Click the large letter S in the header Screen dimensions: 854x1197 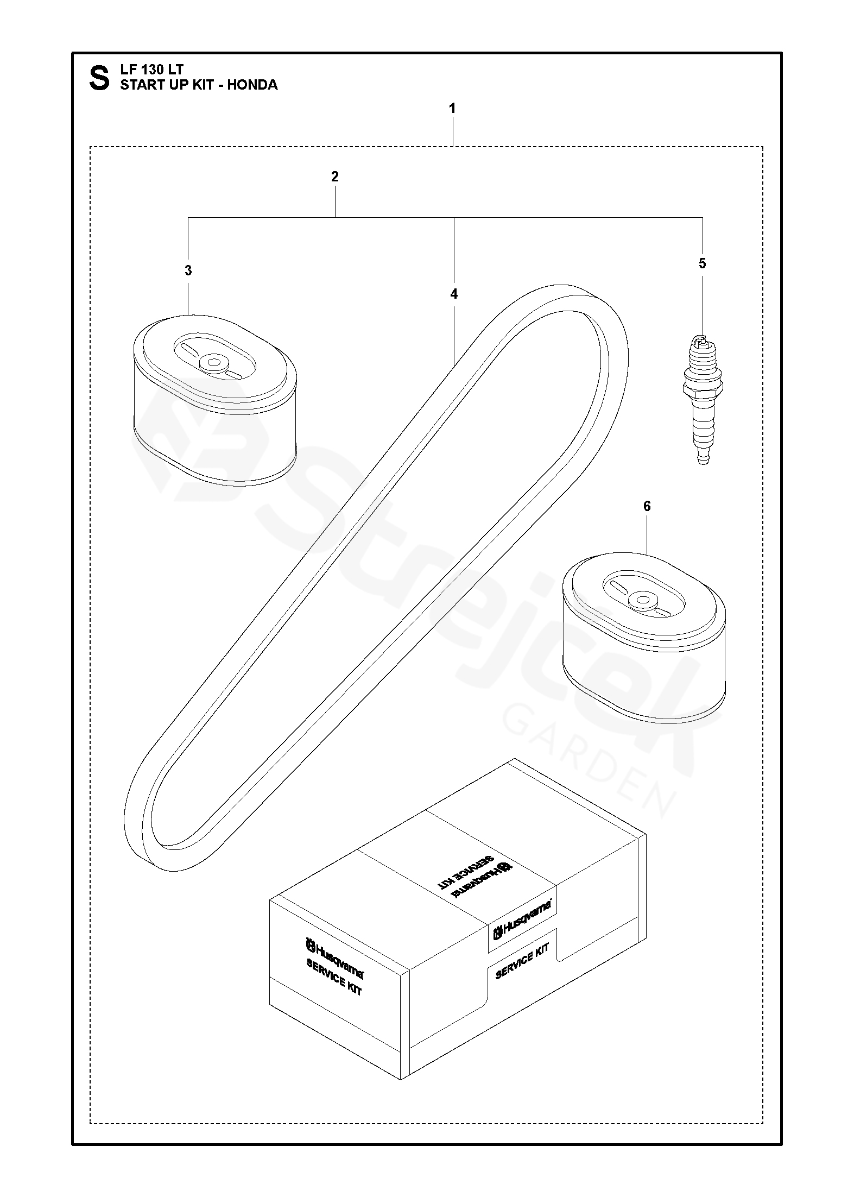pyautogui.click(x=99, y=78)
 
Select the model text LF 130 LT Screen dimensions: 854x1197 pyautogui.click(x=151, y=70)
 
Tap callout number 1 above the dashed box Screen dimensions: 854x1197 pyautogui.click(x=452, y=109)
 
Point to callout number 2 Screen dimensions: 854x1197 pyautogui.click(x=334, y=177)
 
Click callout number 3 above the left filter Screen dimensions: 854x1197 pyautogui.click(x=188, y=270)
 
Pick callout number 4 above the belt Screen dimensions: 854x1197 pyautogui.click(x=454, y=294)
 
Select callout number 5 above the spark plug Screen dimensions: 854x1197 pyautogui.click(x=703, y=264)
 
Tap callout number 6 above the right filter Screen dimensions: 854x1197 pyautogui.click(x=647, y=506)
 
